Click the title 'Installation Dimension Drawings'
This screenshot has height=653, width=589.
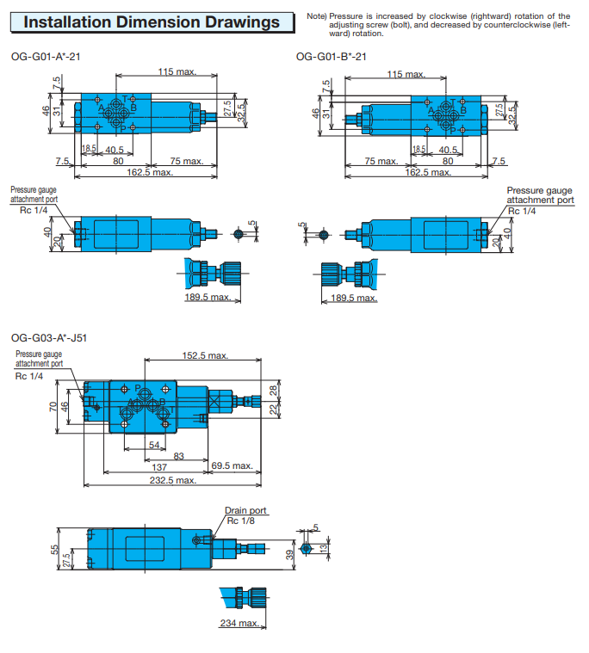click(152, 22)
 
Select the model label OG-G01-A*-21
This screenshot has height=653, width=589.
click(46, 57)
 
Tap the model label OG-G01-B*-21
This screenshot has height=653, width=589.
click(332, 57)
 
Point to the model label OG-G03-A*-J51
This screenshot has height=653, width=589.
click(49, 338)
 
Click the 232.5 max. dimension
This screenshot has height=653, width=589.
click(173, 480)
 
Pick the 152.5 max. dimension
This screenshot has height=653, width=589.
click(205, 355)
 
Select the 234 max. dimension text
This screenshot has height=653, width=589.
click(240, 623)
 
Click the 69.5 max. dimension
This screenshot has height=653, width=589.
click(232, 465)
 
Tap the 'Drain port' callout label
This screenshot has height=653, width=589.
click(245, 510)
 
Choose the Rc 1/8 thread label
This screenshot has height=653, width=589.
click(240, 521)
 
